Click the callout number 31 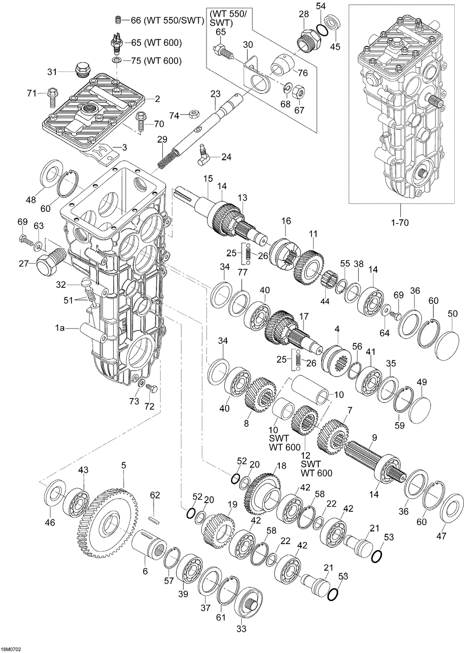pos(52,71)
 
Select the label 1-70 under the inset pos(400,223)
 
